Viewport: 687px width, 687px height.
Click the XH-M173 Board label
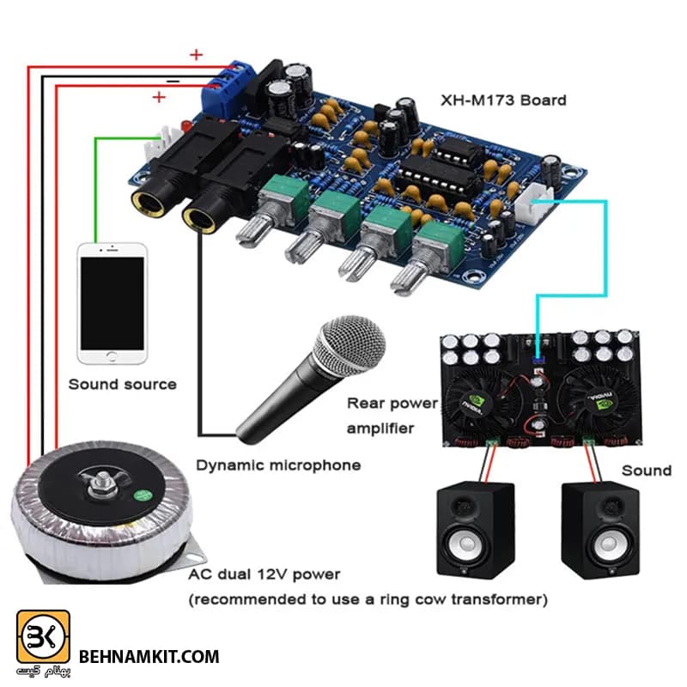pyautogui.click(x=503, y=100)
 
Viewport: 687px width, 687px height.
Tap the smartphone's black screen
pyautogui.click(x=112, y=303)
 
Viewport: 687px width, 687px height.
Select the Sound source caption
pyautogui.click(x=122, y=384)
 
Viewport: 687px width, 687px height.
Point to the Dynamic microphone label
pyautogui.click(x=278, y=465)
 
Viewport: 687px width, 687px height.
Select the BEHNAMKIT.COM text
pyautogui.click(x=149, y=657)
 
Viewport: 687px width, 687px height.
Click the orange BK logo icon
pyautogui.click(x=43, y=636)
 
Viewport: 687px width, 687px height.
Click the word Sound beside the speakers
pyautogui.click(x=647, y=471)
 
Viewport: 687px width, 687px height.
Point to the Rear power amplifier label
pyautogui.click(x=392, y=416)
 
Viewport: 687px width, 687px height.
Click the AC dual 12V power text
pyautogui.click(x=264, y=574)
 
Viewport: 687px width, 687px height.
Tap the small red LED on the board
pyautogui.click(x=185, y=126)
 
